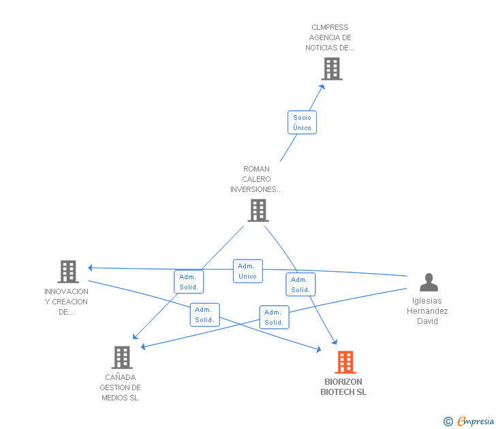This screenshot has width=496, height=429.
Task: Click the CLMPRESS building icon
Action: click(x=332, y=69)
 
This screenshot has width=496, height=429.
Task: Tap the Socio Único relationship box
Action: click(x=302, y=123)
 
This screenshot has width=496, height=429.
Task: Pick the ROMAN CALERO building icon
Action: click(x=258, y=210)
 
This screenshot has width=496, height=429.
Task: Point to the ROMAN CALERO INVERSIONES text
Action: click(x=256, y=179)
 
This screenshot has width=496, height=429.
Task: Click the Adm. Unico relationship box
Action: click(x=247, y=271)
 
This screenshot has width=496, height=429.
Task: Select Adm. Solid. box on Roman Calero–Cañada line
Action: click(x=188, y=282)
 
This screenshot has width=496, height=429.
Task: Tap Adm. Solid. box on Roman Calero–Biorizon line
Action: click(x=300, y=285)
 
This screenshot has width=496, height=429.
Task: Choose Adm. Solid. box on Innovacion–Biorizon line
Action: click(x=204, y=315)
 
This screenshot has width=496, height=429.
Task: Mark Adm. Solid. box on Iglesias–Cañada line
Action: click(x=274, y=317)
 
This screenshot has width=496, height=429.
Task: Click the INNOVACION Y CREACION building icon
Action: click(x=67, y=271)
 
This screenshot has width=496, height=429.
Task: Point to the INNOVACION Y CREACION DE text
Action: click(x=66, y=302)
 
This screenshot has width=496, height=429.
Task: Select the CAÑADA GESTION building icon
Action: click(x=121, y=357)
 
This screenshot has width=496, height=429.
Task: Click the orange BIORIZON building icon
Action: click(x=345, y=362)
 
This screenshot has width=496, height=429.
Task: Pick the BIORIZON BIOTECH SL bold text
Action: click(x=343, y=387)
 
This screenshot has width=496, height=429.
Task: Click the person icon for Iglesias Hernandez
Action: click(x=429, y=282)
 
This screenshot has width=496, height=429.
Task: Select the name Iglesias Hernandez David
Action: click(x=427, y=311)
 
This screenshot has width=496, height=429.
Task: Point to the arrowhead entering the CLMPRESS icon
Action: click(x=324, y=81)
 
